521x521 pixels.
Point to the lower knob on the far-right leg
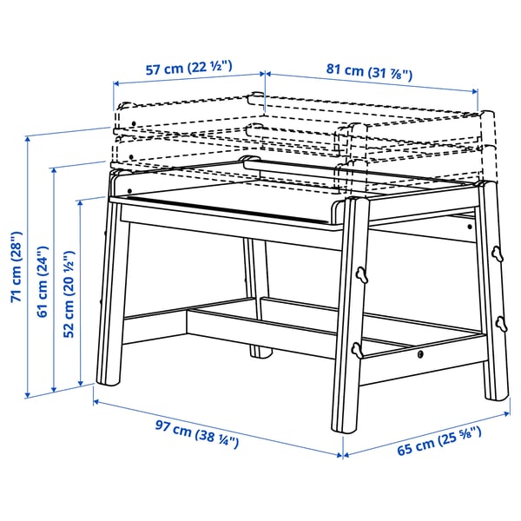[501, 323]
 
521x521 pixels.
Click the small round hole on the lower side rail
[420, 354]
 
